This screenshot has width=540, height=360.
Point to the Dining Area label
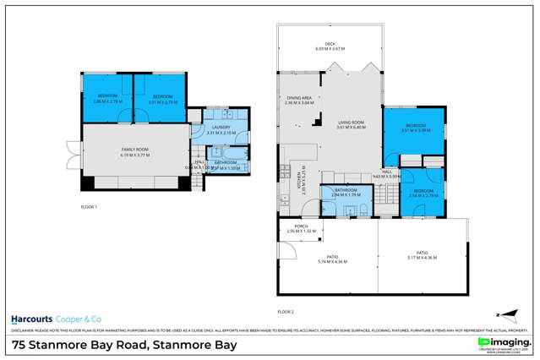coord(300,99)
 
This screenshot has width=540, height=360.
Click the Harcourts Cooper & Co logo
coord(54,319)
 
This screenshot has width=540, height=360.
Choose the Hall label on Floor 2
coord(386,172)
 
